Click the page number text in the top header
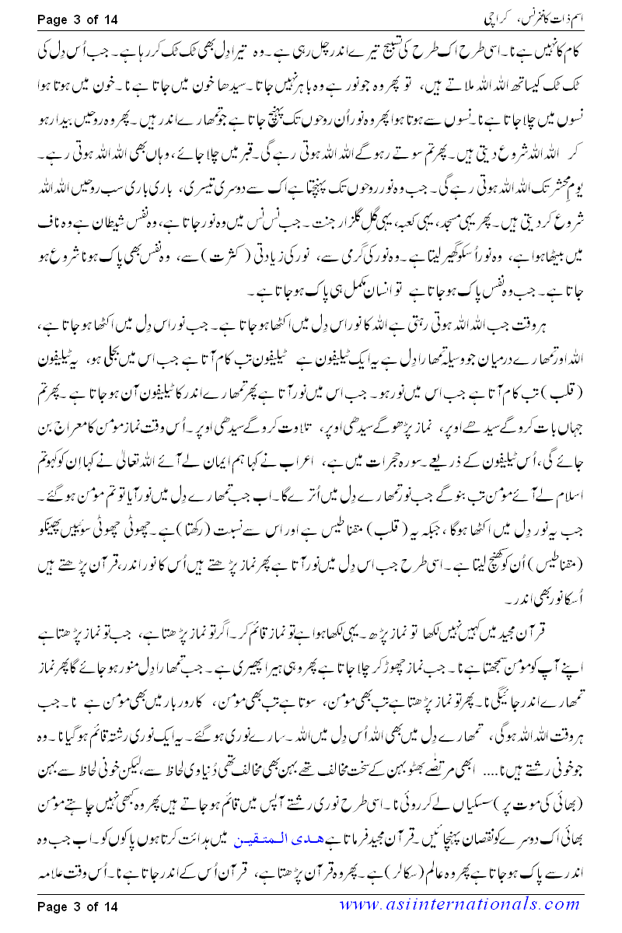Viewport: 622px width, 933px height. click(x=75, y=15)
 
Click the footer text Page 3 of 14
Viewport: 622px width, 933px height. click(x=75, y=906)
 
